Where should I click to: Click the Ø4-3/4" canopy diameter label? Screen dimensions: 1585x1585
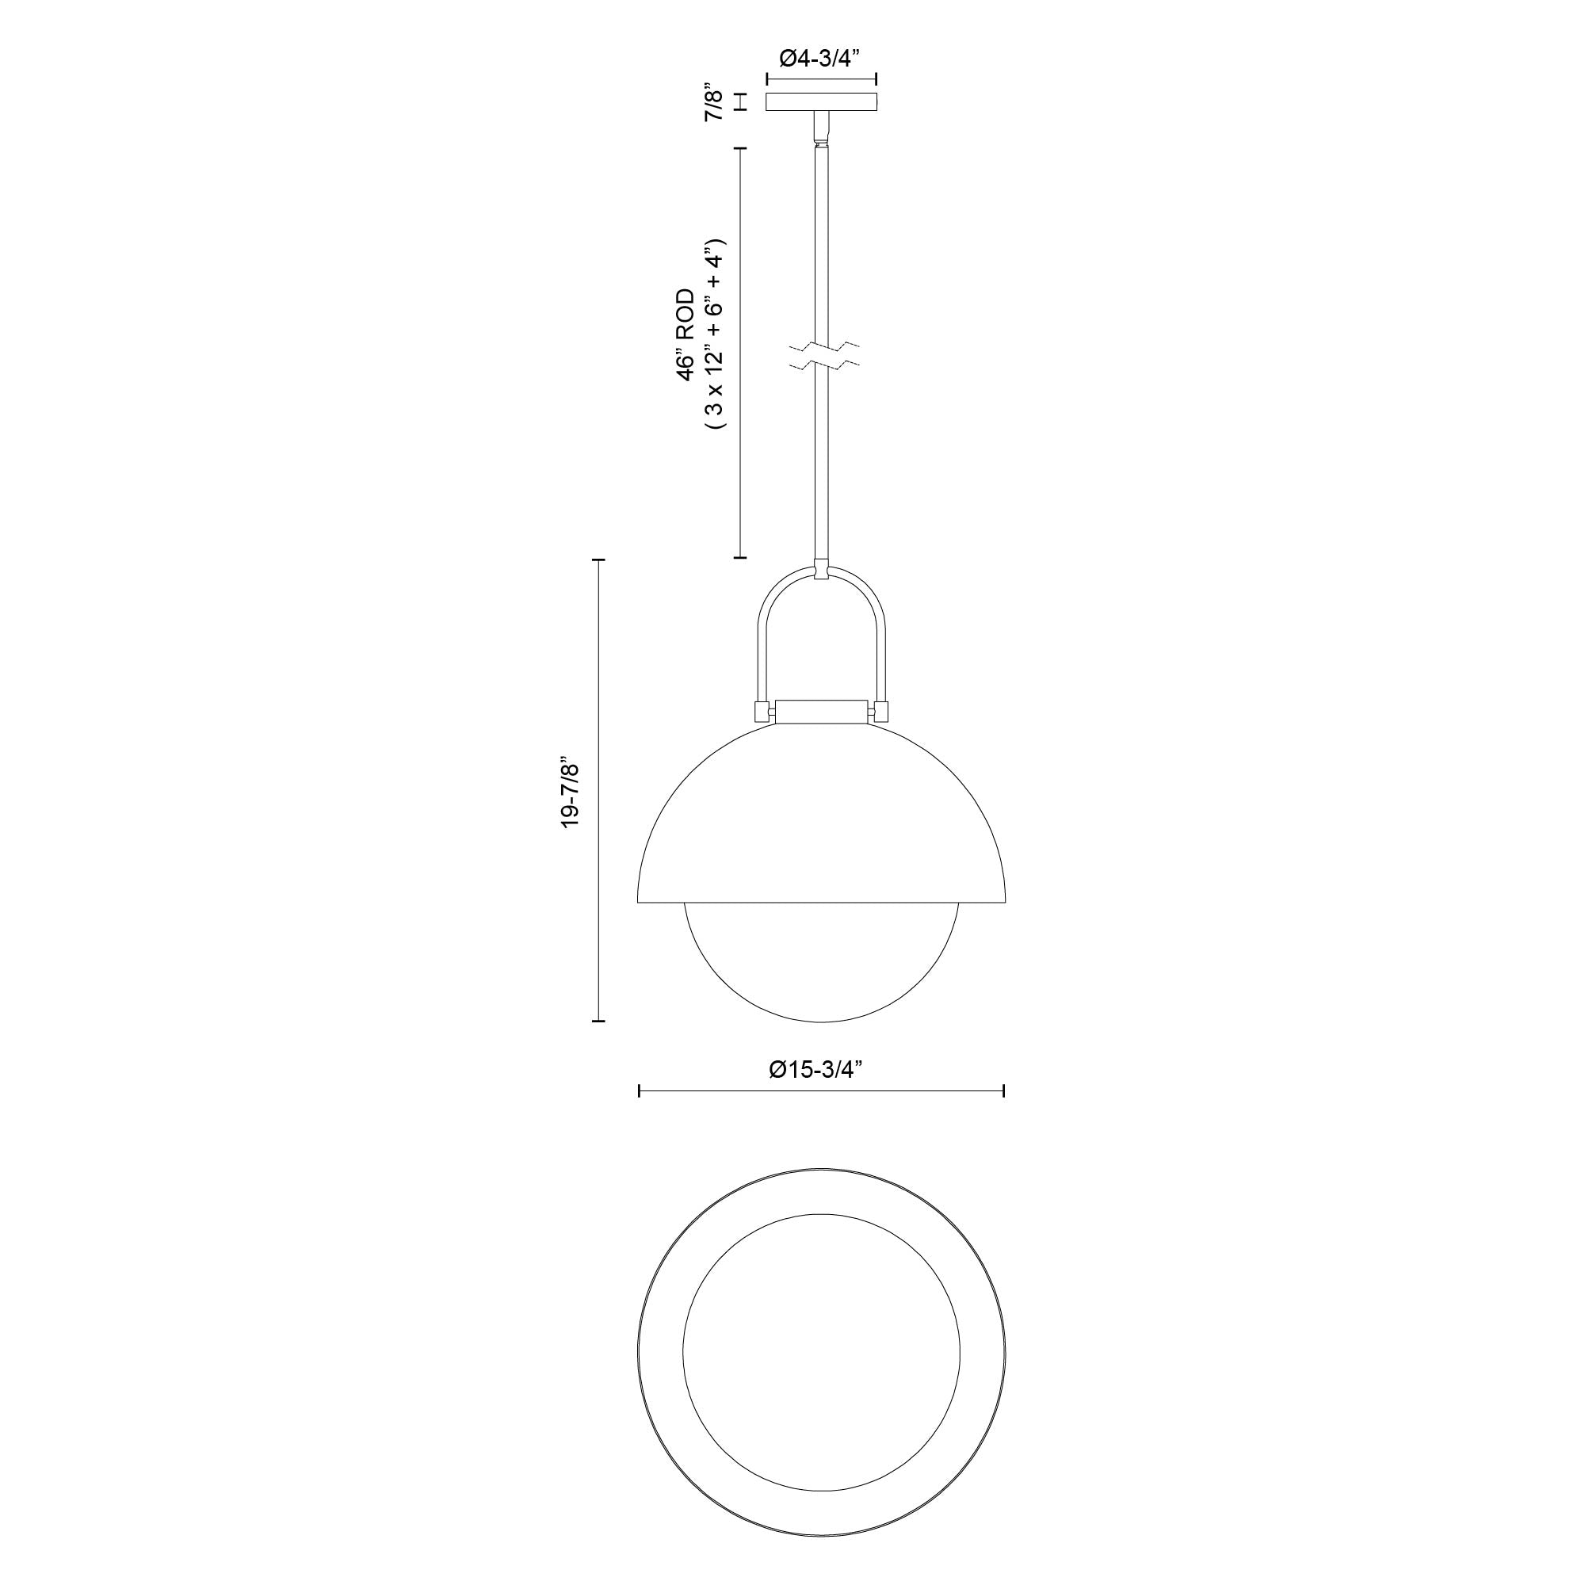(x=820, y=57)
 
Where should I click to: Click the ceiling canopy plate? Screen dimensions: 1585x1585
(x=821, y=101)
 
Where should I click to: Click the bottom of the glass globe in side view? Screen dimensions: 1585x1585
(x=822, y=1021)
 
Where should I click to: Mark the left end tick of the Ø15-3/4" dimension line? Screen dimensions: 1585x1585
(x=639, y=1091)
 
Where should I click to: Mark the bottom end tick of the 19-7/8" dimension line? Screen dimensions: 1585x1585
(x=598, y=1021)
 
